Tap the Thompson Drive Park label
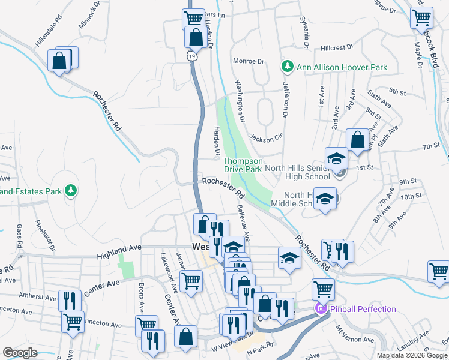click(x=243, y=165)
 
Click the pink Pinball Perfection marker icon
click(x=320, y=309)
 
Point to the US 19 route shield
click(x=191, y=56)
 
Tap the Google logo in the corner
click(x=20, y=352)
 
